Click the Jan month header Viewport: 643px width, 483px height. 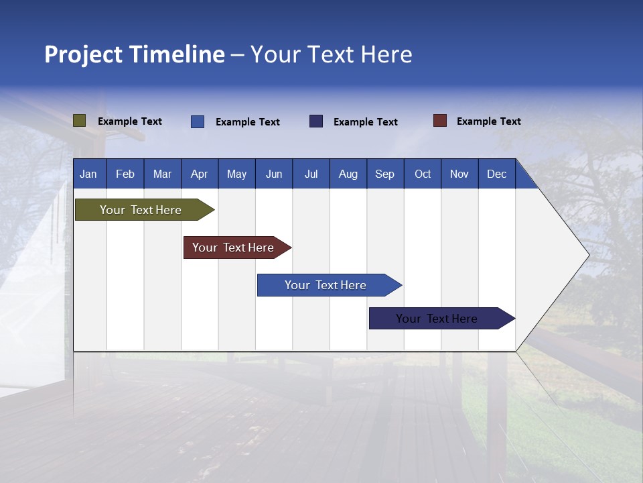(88, 174)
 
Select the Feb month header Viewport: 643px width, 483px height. (125, 174)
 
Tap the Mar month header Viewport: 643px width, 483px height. (162, 174)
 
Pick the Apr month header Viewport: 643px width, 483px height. (200, 174)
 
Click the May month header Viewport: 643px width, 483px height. (236, 174)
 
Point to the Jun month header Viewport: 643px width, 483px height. (274, 174)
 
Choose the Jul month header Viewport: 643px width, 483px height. (311, 174)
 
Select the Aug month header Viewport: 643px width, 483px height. (348, 174)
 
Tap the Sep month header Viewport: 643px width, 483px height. (385, 174)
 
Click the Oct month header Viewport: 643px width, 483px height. (423, 174)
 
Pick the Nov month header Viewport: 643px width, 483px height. (459, 174)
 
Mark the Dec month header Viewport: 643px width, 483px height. (497, 174)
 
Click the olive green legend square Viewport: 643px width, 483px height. (80, 121)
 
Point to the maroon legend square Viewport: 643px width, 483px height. (440, 121)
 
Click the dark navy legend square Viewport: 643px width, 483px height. (316, 121)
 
